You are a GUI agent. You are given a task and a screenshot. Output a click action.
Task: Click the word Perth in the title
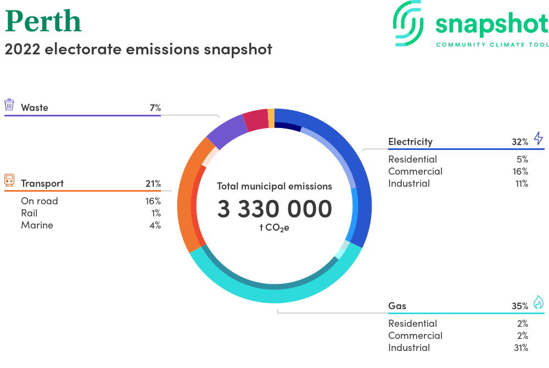[x=43, y=21]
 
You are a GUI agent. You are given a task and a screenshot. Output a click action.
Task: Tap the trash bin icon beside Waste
[x=9, y=105]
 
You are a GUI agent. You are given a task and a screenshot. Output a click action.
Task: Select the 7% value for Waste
[x=155, y=108]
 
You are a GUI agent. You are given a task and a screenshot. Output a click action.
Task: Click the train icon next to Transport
[x=9, y=180]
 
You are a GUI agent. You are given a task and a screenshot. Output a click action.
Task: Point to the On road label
[x=40, y=201]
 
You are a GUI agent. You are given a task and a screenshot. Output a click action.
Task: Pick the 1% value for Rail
[x=156, y=213]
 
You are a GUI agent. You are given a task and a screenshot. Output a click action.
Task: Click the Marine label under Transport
[x=37, y=225]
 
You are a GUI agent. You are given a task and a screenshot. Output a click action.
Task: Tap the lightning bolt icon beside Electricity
[x=539, y=138]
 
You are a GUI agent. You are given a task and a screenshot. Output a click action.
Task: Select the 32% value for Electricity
[x=520, y=142]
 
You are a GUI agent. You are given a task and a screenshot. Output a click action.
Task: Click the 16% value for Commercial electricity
[x=520, y=171]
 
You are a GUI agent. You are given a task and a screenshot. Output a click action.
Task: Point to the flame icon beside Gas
[x=539, y=302]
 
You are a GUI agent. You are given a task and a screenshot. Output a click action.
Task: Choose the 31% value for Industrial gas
[x=521, y=348]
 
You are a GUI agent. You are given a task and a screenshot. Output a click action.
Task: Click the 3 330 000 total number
[x=274, y=209]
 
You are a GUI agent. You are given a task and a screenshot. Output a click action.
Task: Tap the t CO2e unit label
[x=274, y=228]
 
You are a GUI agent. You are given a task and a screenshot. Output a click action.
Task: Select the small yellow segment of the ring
[x=271, y=118]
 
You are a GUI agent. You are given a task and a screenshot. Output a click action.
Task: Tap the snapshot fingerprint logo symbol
[x=408, y=23]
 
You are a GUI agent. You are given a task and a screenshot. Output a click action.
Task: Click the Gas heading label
[x=397, y=306]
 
